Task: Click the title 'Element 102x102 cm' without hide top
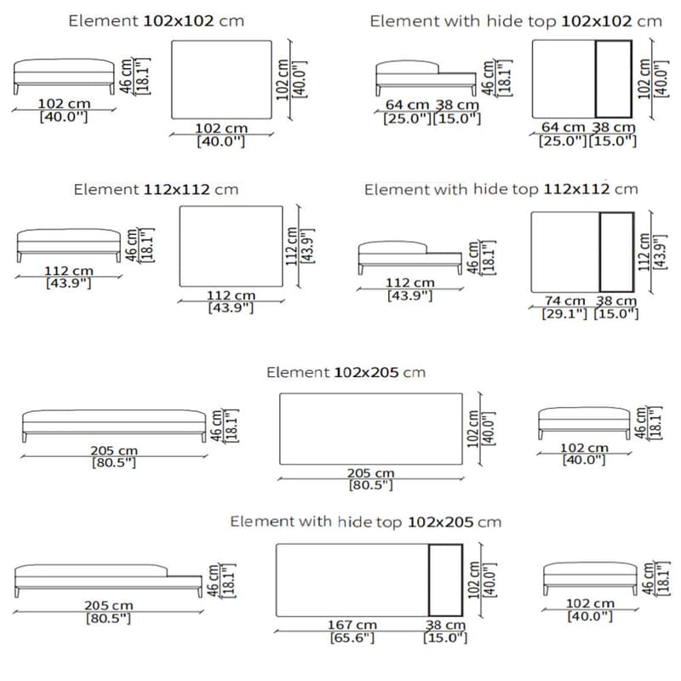(155, 20)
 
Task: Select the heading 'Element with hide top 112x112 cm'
(501, 189)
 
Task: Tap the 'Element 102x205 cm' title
(346, 373)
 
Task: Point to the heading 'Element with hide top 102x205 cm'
(365, 521)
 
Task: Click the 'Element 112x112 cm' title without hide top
(156, 189)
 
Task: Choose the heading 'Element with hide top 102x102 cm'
(515, 21)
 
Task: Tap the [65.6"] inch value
(352, 638)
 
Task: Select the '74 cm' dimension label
(564, 301)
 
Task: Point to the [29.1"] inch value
(564, 313)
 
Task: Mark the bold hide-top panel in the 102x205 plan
(444, 579)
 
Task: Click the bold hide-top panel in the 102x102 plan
(612, 79)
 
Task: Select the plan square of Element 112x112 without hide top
(232, 246)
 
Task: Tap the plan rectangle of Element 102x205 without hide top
(371, 428)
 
